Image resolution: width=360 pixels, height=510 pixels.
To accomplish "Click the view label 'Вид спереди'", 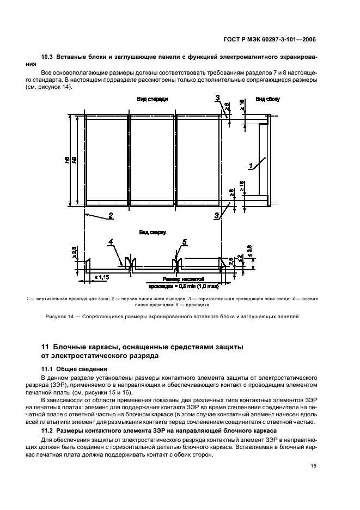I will pyautogui.click(x=152, y=100).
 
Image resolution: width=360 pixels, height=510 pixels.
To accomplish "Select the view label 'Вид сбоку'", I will pyautogui.click(x=267, y=100).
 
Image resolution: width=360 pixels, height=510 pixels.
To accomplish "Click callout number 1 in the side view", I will pyautogui.click(x=251, y=165).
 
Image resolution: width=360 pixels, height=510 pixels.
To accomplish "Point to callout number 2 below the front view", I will pyautogui.click(x=111, y=215).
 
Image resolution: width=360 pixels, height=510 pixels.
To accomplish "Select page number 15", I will pyautogui.click(x=313, y=465).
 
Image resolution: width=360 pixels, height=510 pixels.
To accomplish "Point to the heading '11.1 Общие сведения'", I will pyautogui.click(x=74, y=369).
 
